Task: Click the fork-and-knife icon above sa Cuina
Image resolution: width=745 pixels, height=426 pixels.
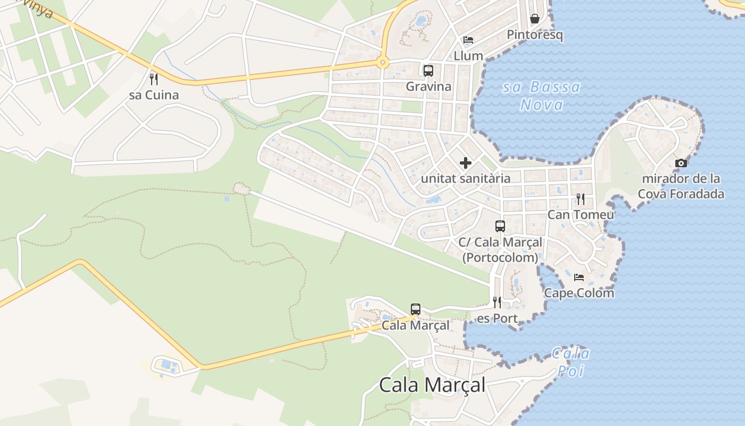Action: [x=154, y=79]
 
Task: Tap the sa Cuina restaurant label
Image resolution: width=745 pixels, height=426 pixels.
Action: [x=154, y=95]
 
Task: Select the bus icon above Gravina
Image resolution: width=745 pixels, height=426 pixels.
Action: [x=428, y=70]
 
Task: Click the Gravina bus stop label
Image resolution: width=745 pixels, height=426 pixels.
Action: [x=428, y=86]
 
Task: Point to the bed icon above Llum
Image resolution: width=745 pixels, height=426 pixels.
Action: [x=468, y=40]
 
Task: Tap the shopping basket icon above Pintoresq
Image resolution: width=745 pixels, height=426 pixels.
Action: [x=535, y=19]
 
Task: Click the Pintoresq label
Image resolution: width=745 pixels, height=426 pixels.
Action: [x=535, y=35]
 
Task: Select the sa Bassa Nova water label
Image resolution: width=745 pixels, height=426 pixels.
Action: [x=542, y=95]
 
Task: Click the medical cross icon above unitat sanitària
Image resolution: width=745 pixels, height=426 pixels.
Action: [x=466, y=162]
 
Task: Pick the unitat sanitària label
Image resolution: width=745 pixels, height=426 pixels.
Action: [x=466, y=178]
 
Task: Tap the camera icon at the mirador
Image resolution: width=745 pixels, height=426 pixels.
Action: [x=681, y=163]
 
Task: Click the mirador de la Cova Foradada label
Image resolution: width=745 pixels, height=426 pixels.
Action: [x=681, y=186]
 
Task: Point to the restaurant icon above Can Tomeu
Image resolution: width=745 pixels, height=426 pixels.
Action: [x=581, y=199]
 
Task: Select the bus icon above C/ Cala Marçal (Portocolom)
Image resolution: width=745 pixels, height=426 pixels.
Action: [x=500, y=226]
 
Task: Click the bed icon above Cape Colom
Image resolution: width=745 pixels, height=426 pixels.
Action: [x=579, y=277]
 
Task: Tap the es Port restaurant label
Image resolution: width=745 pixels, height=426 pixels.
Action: [x=498, y=318]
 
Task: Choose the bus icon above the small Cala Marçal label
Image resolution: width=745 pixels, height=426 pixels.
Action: [x=416, y=309]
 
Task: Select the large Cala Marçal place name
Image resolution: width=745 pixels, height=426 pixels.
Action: [x=432, y=384]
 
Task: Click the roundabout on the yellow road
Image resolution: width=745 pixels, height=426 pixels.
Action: [x=382, y=63]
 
